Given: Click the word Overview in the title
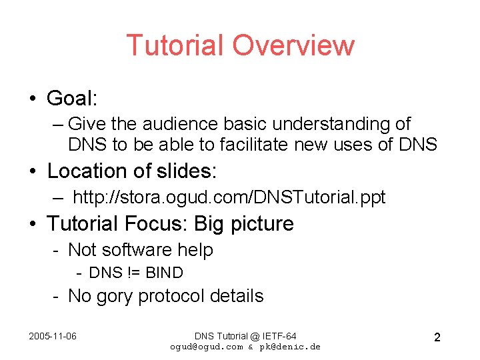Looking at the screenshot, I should pos(293,45).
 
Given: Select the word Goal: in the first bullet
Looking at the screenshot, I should pos(72,99).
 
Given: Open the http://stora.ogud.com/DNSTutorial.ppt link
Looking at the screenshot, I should pos(229,197).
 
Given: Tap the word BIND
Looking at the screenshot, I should pos(164,273).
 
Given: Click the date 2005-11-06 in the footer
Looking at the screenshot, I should pos(53,335).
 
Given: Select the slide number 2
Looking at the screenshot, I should pos(437,337).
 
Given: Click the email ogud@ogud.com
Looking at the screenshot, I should pos(207,347).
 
